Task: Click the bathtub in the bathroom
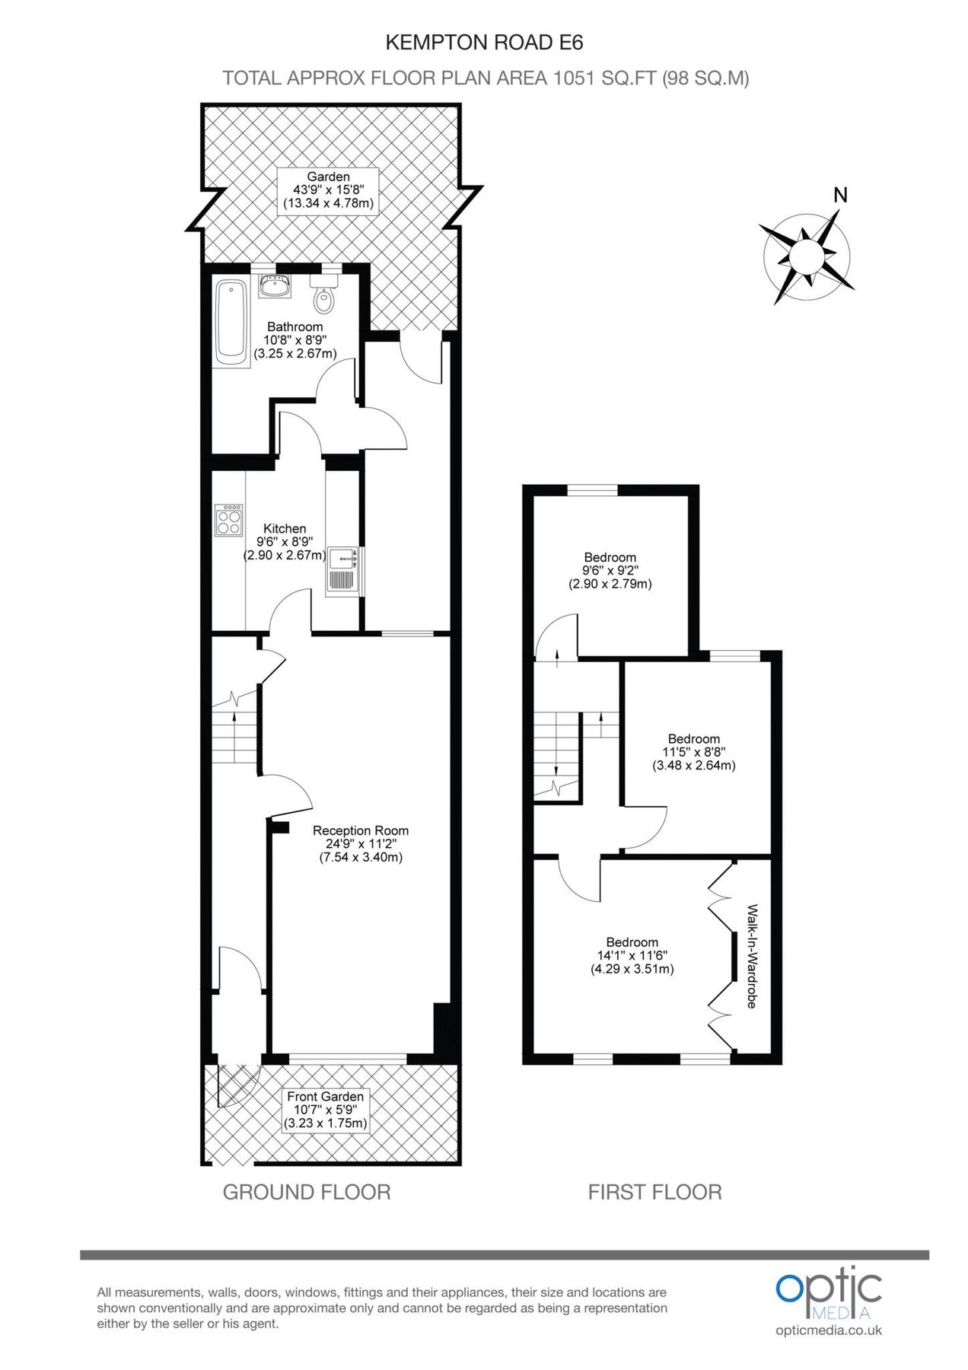pos(231,323)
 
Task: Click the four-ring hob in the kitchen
pos(228,520)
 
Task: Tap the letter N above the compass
pos(840,196)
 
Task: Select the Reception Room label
pos(361,843)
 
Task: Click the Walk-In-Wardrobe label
pos(752,956)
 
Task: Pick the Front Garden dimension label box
pos(325,1110)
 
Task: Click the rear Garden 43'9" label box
pos(328,190)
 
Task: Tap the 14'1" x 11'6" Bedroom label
pos(632,955)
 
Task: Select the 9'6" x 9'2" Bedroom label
pos(610,571)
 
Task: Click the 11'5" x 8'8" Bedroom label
pos(693,752)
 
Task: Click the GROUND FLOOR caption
pos(306,1192)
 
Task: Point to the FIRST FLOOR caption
pos(654,1192)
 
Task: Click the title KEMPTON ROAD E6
pos(484,43)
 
